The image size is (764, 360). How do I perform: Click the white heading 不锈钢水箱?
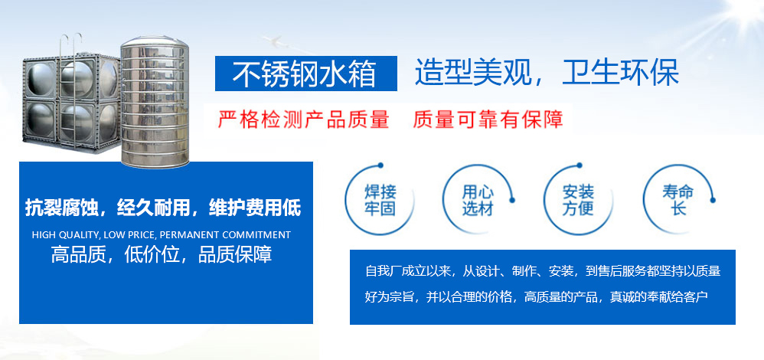304,74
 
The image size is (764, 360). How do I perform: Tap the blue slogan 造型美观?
472,74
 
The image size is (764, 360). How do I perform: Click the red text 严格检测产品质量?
303,119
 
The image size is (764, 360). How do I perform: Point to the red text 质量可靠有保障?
488,119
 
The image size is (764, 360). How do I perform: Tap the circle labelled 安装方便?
544,200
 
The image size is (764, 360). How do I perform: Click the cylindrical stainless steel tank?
155,103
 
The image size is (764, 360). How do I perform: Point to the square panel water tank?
71,103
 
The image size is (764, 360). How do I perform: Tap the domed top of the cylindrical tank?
155,42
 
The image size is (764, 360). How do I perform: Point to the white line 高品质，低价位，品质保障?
162,255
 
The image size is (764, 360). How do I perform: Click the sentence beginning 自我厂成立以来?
543,270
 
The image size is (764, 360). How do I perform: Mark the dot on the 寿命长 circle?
713,200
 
